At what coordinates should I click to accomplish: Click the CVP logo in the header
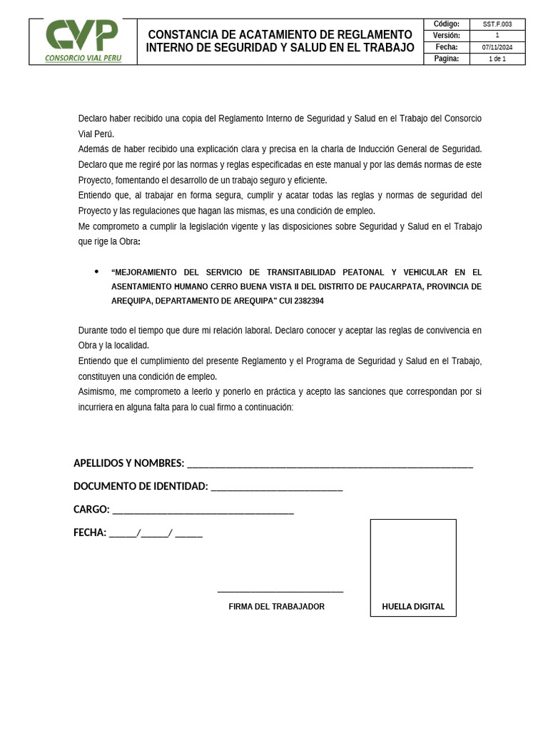point(82,36)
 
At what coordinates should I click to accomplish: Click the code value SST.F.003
point(497,24)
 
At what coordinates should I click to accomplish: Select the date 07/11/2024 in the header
point(497,47)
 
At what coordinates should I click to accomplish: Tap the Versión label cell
point(447,36)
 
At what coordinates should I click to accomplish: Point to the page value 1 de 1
point(497,59)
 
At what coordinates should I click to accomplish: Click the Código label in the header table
point(447,24)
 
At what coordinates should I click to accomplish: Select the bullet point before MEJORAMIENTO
point(97,272)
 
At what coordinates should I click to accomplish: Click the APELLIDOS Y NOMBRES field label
point(128,463)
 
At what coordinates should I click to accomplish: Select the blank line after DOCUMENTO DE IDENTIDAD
point(277,488)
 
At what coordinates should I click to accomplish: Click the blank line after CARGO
point(203,511)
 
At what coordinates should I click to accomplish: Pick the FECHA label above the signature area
point(90,533)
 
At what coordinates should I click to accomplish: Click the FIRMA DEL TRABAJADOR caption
point(276,607)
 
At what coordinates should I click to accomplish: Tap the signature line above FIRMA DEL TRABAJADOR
point(280,591)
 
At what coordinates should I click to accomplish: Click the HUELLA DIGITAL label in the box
point(413,607)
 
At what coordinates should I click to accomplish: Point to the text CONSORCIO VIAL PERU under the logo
point(83,59)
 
